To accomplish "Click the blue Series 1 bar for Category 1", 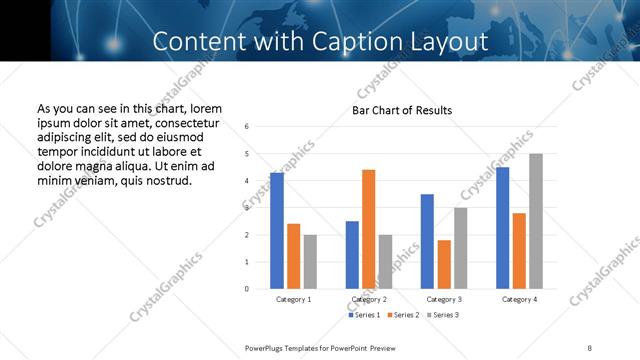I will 277,231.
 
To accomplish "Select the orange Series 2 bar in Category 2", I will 369,229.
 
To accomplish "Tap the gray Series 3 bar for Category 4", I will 536,221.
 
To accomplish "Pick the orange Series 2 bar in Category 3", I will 444,264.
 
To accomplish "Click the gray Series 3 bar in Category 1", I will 310,262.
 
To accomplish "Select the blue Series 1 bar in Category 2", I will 352,255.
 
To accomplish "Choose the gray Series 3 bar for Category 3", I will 461,248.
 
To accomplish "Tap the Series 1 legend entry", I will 363,315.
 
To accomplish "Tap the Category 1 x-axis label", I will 294,299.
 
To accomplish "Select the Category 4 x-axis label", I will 519,299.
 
